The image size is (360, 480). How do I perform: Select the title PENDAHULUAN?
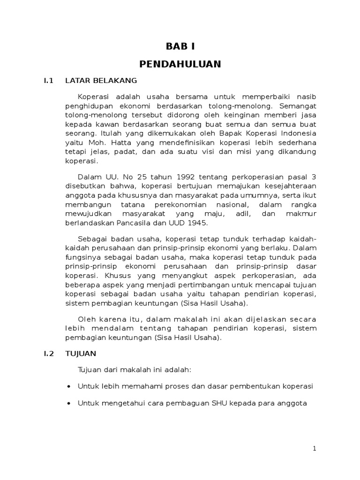point(180,64)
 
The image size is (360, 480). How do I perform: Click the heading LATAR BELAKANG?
point(101,81)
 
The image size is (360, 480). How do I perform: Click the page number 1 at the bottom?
point(315,449)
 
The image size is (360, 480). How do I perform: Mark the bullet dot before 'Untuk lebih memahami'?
point(69,386)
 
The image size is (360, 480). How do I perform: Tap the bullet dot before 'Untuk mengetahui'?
point(69,403)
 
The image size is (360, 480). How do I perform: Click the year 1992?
point(178,176)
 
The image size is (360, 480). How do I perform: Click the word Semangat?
point(299,106)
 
